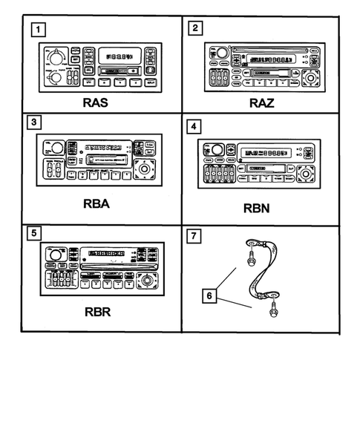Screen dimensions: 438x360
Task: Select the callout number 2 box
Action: [194, 29]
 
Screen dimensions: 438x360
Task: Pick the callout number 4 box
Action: [194, 127]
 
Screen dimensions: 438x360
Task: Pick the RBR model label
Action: [99, 312]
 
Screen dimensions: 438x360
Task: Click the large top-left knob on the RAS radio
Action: [55, 56]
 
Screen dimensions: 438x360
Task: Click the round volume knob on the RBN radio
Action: [217, 148]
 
